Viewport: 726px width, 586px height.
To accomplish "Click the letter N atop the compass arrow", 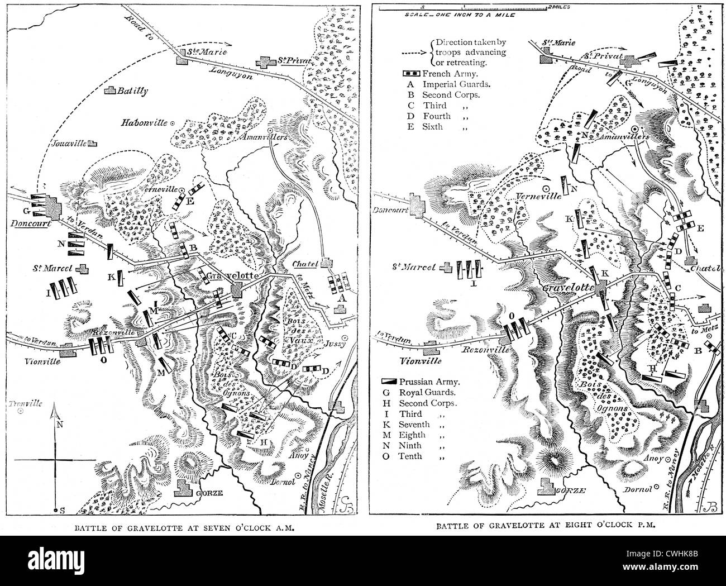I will (56, 424).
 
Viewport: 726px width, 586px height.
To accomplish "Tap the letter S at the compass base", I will (62, 509).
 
